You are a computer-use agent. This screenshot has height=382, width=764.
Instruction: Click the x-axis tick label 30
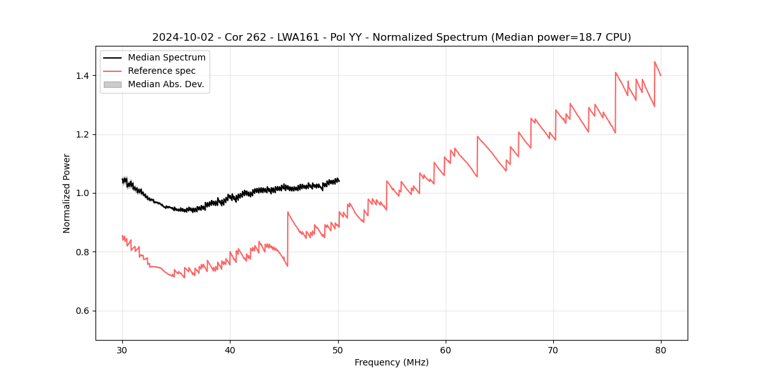122,350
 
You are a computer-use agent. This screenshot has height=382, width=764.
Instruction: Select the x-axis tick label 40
230,350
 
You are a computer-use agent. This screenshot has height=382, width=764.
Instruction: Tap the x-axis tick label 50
337,350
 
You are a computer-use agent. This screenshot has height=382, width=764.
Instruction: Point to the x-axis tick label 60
446,350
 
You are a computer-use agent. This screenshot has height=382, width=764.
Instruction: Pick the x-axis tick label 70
553,350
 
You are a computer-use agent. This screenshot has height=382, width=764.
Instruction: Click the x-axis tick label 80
661,350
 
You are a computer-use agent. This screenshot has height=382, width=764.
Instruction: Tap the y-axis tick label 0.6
82,311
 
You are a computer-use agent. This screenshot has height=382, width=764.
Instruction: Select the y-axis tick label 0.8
82,252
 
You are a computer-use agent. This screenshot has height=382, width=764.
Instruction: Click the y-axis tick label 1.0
82,193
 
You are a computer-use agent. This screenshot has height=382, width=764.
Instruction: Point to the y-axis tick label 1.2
82,134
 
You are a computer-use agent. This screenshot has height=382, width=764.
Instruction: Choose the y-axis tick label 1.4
82,76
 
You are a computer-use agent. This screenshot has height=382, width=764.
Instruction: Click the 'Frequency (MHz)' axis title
392,362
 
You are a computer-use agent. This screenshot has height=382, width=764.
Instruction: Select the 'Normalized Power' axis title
67,193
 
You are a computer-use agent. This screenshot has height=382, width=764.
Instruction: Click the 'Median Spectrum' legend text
166,58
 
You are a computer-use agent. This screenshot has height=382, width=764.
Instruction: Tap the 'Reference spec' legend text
162,71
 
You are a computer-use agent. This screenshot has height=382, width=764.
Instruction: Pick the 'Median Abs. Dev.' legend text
166,84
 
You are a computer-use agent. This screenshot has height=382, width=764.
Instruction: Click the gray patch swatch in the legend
112,84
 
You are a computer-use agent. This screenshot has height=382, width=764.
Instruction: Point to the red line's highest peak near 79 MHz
654,62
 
